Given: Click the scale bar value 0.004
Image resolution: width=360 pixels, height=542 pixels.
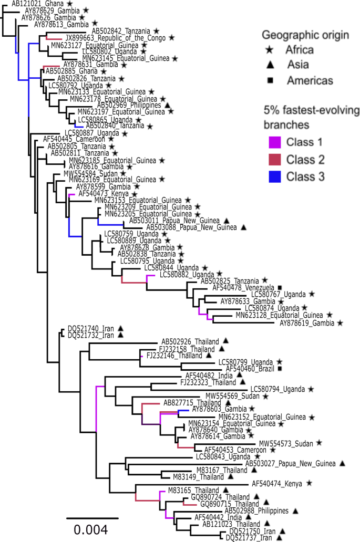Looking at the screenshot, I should (91, 528).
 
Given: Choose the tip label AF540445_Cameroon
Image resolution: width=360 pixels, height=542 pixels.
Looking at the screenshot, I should (62, 140).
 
